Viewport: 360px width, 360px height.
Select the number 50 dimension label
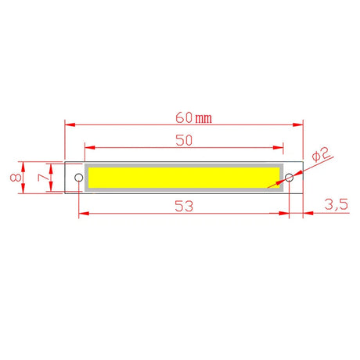[x=185, y=141]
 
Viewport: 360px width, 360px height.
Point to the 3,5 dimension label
[x=335, y=205]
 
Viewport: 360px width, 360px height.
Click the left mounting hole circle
[x=78, y=178]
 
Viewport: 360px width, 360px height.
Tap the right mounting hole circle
[x=289, y=178]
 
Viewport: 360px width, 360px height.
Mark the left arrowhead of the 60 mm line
[x=68, y=124]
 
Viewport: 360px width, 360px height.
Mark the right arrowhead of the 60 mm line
[x=298, y=124]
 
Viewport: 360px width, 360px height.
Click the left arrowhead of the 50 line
[x=88, y=147]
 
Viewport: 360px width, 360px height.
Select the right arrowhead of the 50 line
[x=281, y=147]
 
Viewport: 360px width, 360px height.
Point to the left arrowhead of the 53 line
[x=82, y=211]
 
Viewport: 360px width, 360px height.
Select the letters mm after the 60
[x=203, y=119]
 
